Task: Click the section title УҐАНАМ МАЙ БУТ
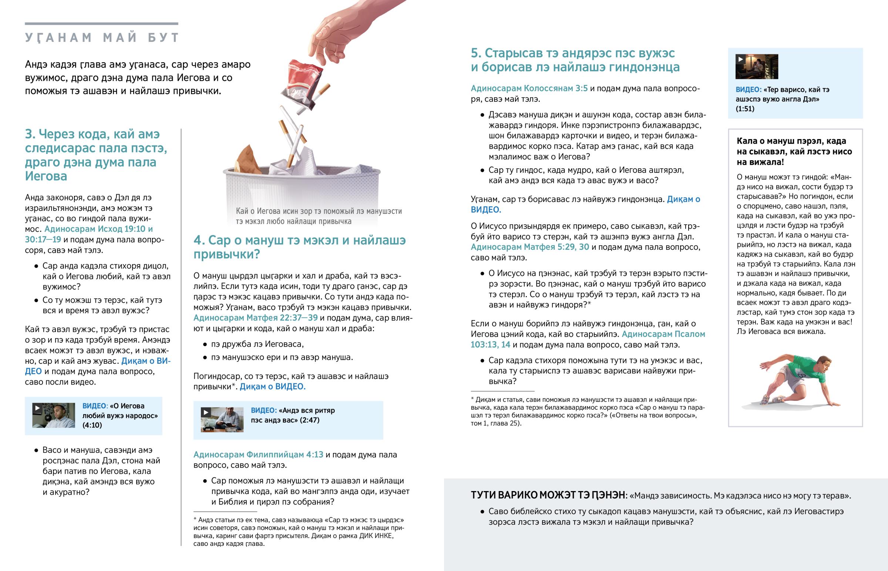pyautogui.click(x=102, y=38)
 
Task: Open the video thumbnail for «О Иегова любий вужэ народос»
pyautogui.click(x=53, y=415)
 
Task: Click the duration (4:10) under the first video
pyautogui.click(x=92, y=425)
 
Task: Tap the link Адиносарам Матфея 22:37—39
pyautogui.click(x=255, y=318)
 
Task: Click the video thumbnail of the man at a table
pyautogui.click(x=222, y=420)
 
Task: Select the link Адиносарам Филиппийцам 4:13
pyautogui.click(x=258, y=454)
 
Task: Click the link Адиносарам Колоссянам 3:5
pyautogui.click(x=529, y=88)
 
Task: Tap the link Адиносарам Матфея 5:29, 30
pyautogui.click(x=529, y=247)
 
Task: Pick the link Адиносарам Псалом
pyautogui.click(x=663, y=334)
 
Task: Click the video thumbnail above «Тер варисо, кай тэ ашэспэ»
pyautogui.click(x=756, y=66)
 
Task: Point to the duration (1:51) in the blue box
pyautogui.click(x=745, y=109)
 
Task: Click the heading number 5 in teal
pyautogui.click(x=475, y=53)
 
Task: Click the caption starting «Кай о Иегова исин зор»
pyautogui.click(x=319, y=216)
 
